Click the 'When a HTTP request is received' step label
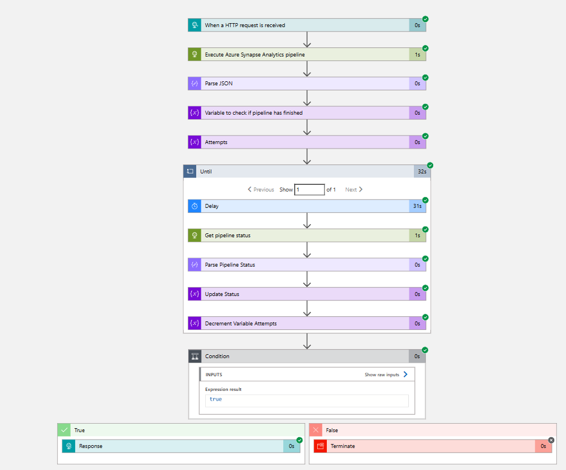245,25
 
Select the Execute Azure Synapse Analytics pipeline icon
195,54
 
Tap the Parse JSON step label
219,83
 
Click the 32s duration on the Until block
422,172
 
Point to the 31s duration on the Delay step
417,206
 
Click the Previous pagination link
261,190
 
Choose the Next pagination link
354,190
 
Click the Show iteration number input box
309,190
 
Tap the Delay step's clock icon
195,206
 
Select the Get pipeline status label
228,236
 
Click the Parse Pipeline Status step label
230,265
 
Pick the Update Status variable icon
195,294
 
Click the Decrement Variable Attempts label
241,324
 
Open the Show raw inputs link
386,375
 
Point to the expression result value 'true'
216,399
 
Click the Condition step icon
195,356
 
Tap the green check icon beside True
64,430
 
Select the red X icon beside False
316,430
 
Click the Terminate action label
343,446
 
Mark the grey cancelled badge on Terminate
551,440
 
